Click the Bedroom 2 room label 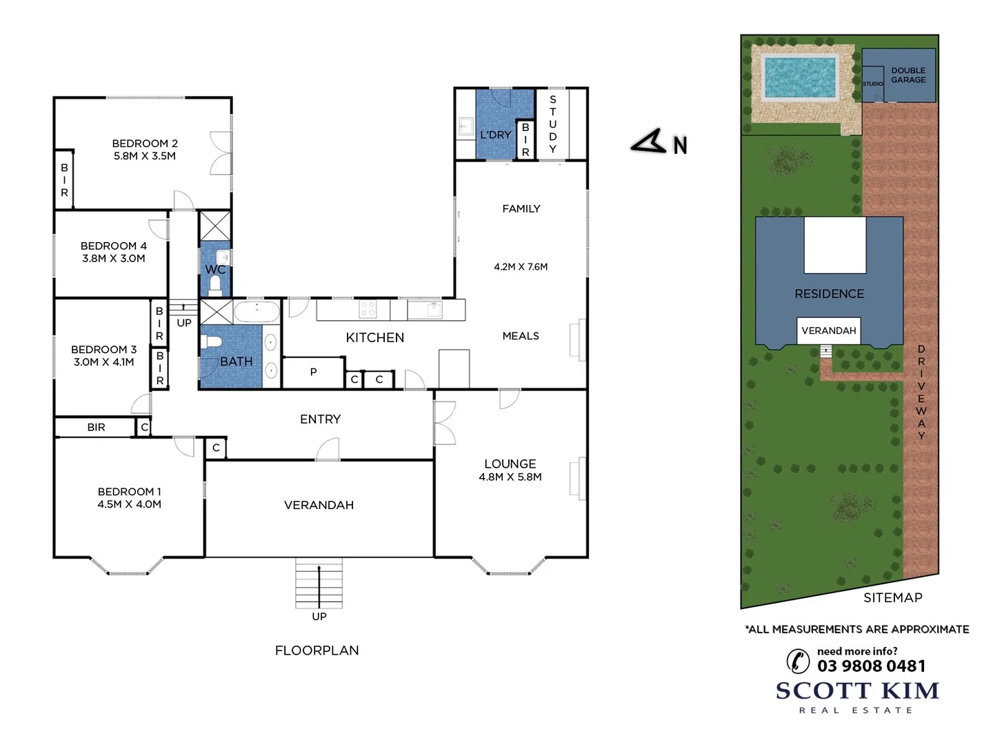click(145, 143)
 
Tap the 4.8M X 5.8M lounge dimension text click(510, 477)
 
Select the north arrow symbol click(649, 141)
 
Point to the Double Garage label click(908, 75)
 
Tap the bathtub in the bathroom click(257, 312)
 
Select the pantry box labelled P click(313, 372)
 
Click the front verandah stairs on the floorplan click(319, 583)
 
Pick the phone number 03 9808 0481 click(872, 666)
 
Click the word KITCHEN click(375, 337)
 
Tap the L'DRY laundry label click(495, 135)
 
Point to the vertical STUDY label click(552, 124)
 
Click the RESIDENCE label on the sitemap click(829, 294)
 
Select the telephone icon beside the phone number click(798, 661)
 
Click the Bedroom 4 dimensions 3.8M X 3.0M click(114, 259)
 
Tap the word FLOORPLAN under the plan click(317, 650)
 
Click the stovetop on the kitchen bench click(368, 309)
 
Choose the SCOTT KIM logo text click(857, 691)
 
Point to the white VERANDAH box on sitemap click(829, 331)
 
